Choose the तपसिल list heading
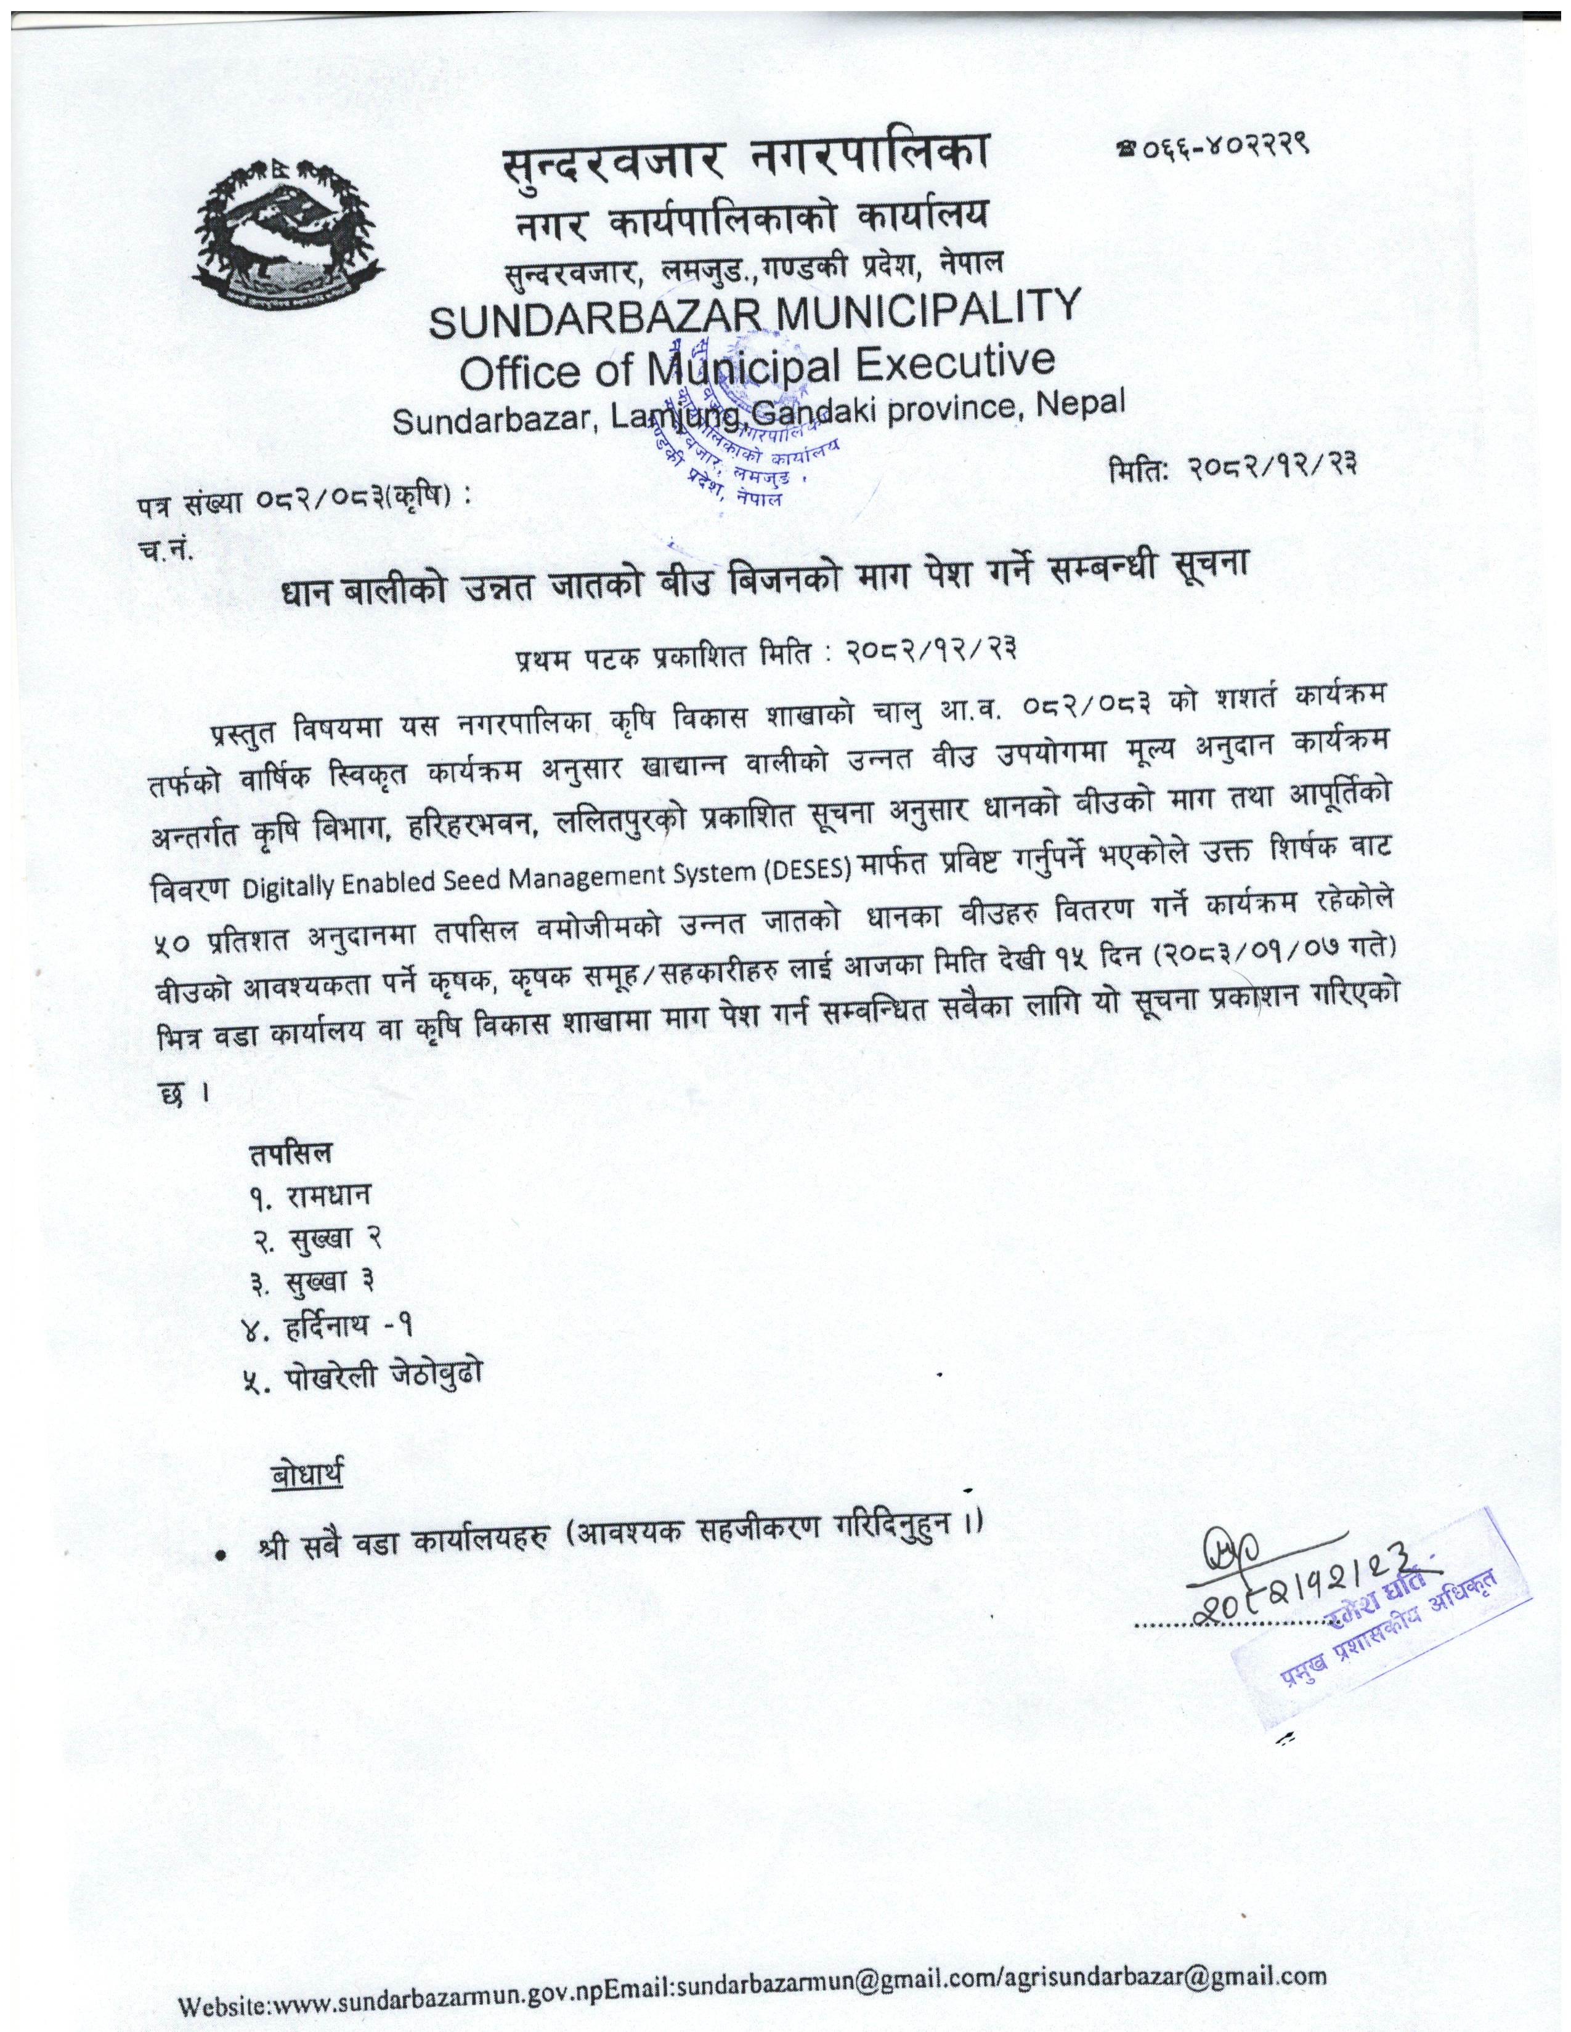(x=288, y=1154)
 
